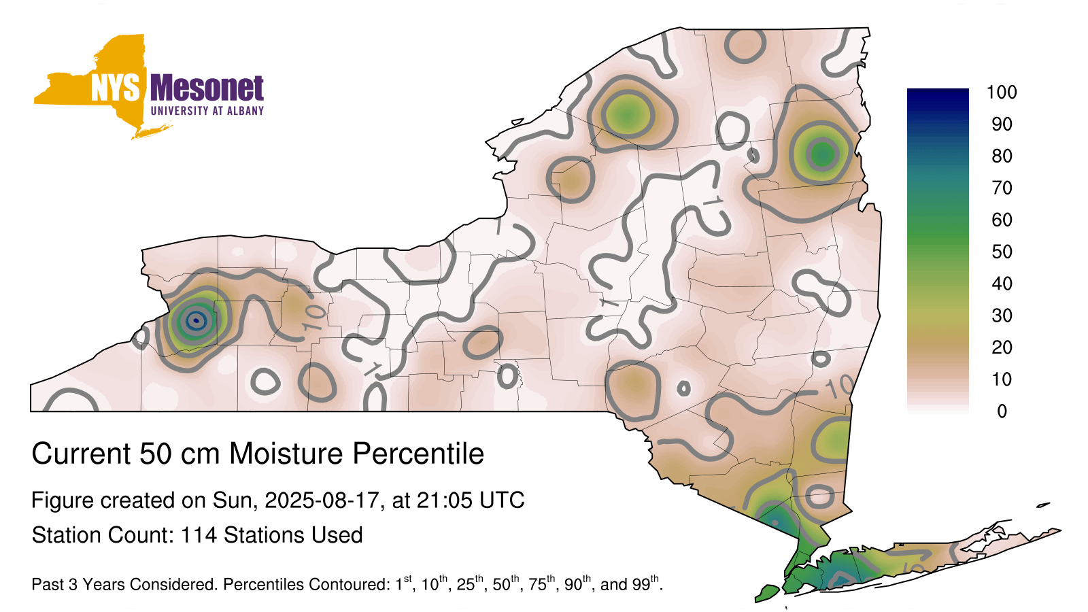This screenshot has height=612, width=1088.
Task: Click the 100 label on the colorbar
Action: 1002,92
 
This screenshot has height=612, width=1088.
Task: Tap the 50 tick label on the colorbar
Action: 1002,252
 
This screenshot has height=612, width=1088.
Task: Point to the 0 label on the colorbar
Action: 1002,411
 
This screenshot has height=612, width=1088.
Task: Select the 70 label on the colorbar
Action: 1002,188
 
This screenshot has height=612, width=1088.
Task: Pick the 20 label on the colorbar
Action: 1002,347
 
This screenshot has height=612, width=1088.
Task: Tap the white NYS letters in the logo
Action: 115,88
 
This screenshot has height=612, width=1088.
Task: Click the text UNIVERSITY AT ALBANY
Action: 207,111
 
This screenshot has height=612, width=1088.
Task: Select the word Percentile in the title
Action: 418,454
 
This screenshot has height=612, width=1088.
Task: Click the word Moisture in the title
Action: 286,454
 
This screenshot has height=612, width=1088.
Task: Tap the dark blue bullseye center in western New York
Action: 197,320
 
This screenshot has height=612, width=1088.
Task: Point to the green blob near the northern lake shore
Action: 628,115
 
